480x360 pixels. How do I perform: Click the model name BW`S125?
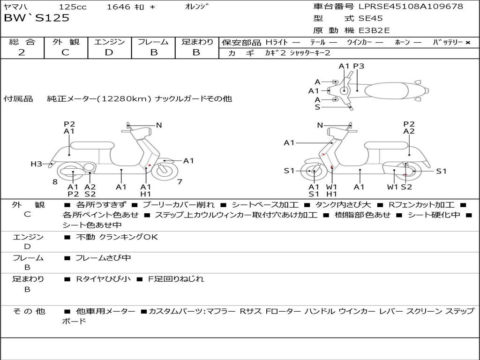pos(37,18)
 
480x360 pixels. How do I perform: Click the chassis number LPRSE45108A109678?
pos(411,6)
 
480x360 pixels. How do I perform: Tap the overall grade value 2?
pos(22,52)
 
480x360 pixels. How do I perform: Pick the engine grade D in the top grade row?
pos(109,52)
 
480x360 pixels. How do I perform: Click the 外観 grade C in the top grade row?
pos(65,52)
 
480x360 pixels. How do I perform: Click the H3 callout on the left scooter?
pos(36,164)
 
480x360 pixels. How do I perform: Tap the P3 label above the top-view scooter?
pos(359,66)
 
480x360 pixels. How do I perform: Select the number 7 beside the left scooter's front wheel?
pos(180,182)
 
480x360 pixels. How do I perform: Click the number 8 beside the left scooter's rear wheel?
pos(55,182)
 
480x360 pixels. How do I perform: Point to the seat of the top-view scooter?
pos(386,90)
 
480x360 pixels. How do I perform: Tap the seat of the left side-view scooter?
pos(92,145)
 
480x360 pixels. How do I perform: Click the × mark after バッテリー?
pos(468,43)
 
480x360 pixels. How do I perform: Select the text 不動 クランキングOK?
pos(117,237)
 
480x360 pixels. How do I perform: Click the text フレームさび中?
pos(103,258)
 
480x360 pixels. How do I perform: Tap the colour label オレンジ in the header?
pos(197,7)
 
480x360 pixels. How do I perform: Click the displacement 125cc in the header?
pos(73,7)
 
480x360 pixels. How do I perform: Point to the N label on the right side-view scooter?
pos(320,125)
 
